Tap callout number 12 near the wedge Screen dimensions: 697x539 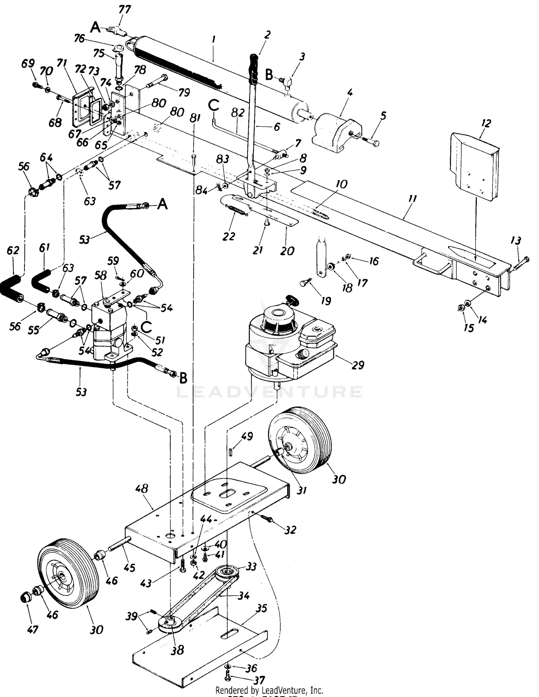point(486,124)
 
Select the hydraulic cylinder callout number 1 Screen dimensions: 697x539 point(213,40)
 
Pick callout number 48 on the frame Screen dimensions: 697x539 point(142,489)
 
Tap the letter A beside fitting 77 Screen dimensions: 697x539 point(95,27)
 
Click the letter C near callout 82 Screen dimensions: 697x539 point(214,106)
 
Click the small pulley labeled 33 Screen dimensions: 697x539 point(227,570)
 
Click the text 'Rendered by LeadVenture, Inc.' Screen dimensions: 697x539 point(269,690)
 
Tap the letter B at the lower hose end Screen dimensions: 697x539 point(183,378)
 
